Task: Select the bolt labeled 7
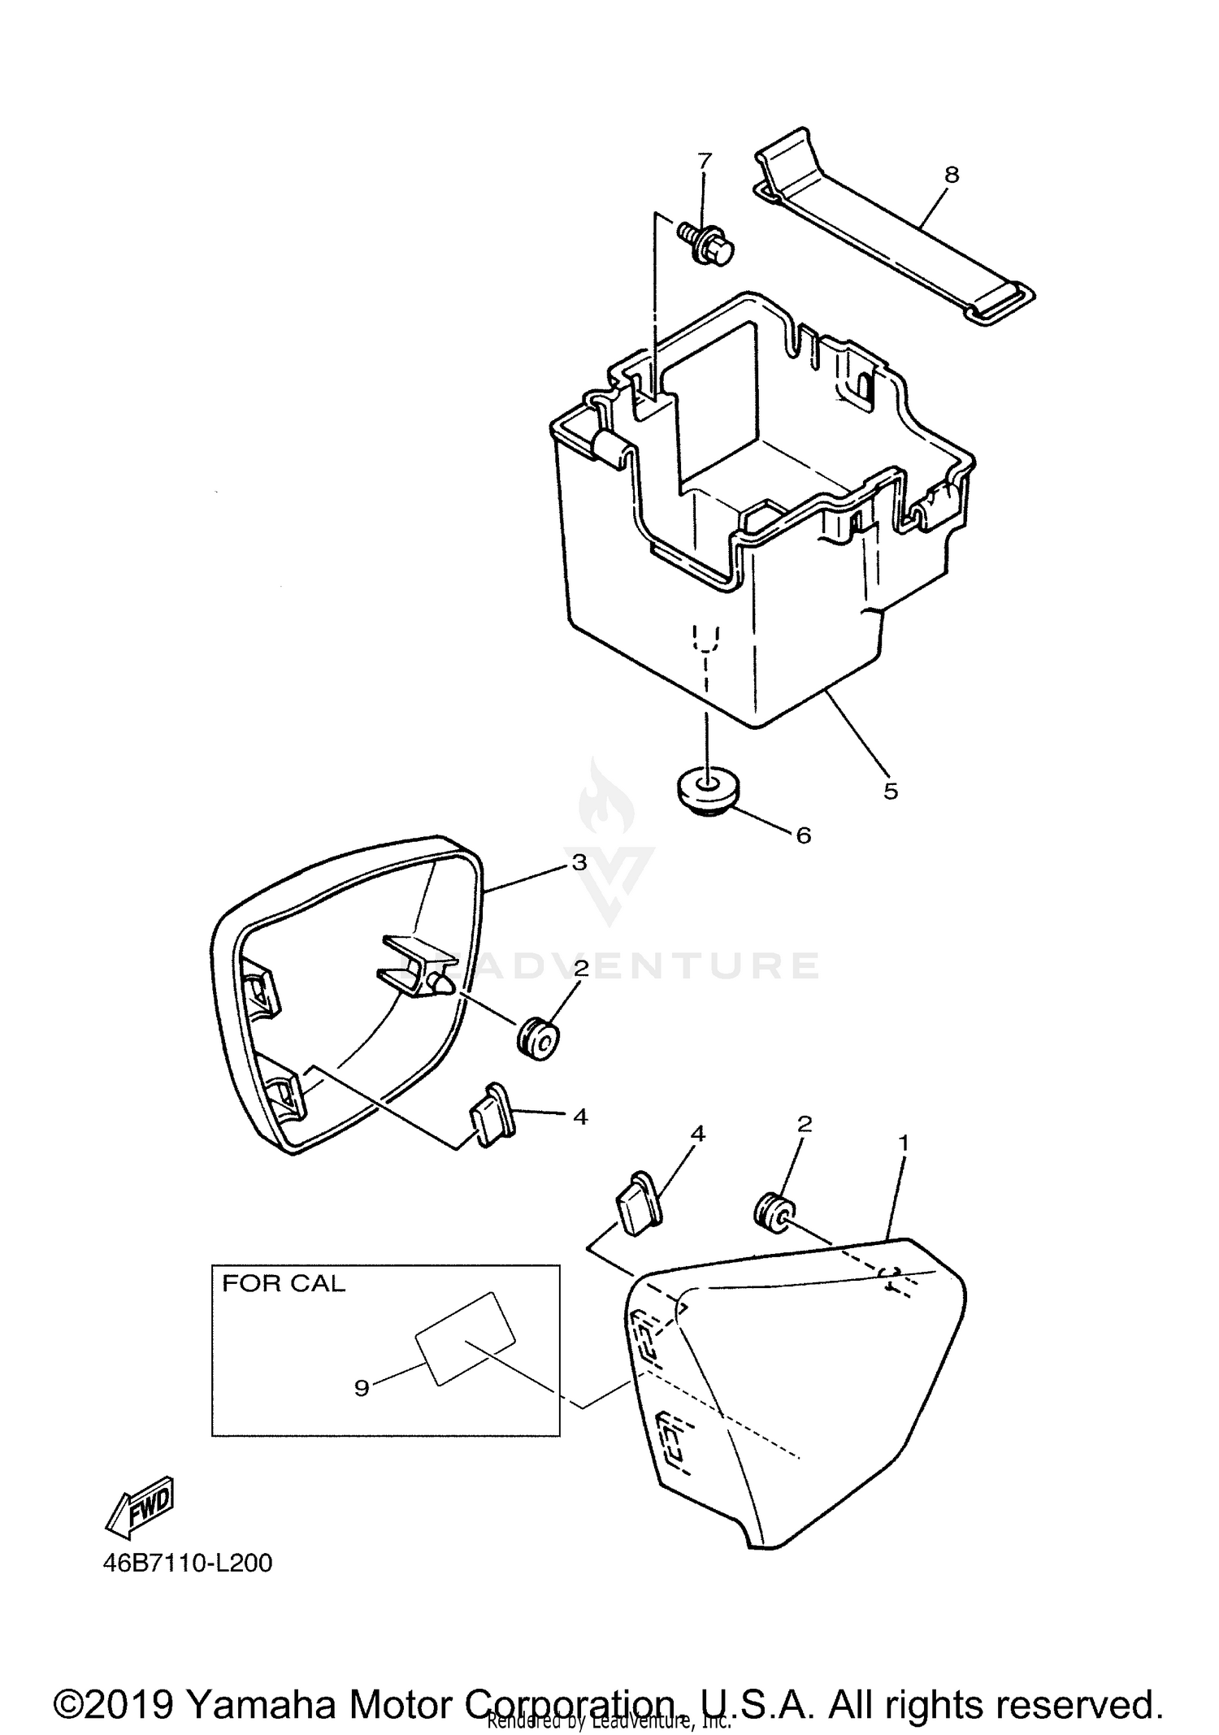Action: pos(707,245)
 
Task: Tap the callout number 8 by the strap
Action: pos(952,175)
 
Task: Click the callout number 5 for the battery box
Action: pos(891,791)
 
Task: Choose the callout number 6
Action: pos(804,835)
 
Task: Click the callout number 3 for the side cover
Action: pos(579,862)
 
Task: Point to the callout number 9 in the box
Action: pos(362,1387)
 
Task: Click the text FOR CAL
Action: pos(284,1283)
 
